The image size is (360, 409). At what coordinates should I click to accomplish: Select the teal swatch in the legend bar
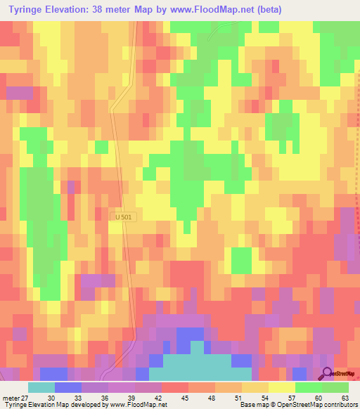41,387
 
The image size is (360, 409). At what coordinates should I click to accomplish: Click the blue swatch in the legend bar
68,387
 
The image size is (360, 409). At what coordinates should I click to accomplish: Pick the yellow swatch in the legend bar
282,387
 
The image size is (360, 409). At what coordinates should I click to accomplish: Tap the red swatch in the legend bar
175,387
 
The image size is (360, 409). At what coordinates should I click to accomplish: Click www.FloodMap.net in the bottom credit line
138,405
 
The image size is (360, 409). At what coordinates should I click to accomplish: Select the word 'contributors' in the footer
341,405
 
